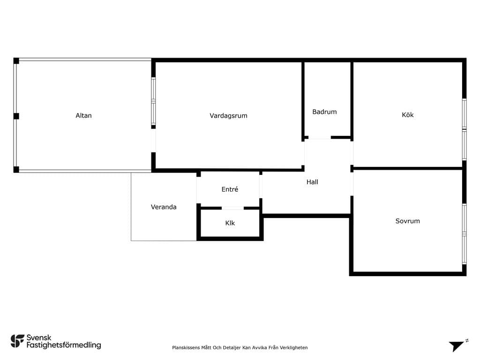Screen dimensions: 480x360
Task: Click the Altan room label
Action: coord(83,115)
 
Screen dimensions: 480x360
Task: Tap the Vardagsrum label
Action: coord(228,116)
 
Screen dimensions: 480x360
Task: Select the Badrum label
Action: coord(324,112)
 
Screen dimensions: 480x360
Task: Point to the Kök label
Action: coord(407,115)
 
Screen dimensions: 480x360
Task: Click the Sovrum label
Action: coord(407,221)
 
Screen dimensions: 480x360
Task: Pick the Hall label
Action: coord(312,182)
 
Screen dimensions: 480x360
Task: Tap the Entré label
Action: coord(230,189)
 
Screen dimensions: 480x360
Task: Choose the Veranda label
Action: coord(164,207)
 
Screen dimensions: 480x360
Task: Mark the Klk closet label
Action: coord(230,223)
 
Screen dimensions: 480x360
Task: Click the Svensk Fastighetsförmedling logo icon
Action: coord(17,341)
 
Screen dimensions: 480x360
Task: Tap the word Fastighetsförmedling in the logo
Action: coord(64,345)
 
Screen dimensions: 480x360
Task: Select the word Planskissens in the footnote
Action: coord(186,347)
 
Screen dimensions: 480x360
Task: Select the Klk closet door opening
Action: coord(232,208)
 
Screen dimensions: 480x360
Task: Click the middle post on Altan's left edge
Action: coord(16,116)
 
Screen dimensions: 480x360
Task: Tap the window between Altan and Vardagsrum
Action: coord(153,101)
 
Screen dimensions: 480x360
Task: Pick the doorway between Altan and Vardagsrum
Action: coord(153,141)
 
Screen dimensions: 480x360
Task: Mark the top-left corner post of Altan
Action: coord(16,61)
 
